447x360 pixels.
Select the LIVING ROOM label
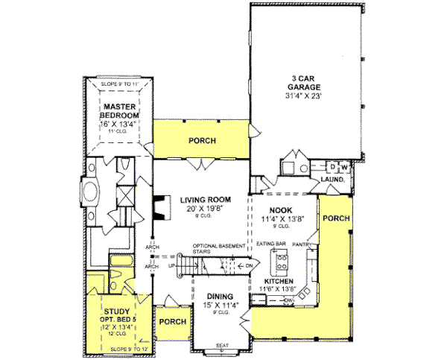tap(204, 200)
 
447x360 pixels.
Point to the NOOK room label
tap(281, 211)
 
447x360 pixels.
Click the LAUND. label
tap(332, 180)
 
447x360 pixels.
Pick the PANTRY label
tap(302, 244)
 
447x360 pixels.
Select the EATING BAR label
tap(270, 244)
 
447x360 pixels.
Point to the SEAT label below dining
tap(221, 345)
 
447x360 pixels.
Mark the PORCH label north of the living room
tap(202, 140)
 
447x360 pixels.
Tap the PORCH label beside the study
tap(173, 321)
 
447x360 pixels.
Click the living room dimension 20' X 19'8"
tap(204, 209)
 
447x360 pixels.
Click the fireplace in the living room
tap(159, 209)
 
